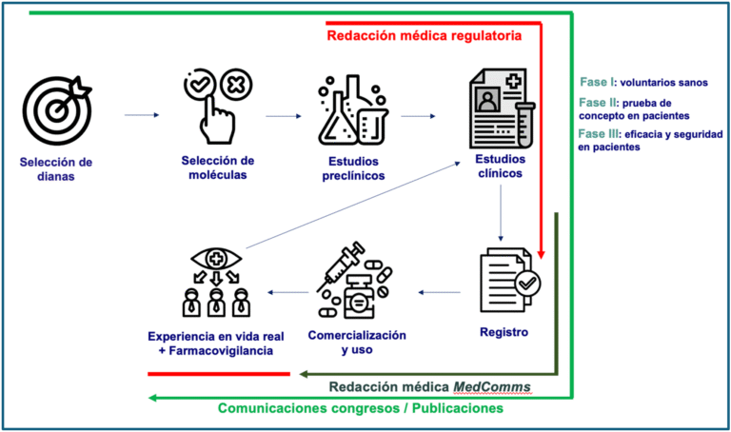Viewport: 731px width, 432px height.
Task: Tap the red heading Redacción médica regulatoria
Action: point(424,36)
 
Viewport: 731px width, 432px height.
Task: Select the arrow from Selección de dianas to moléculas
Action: point(141,116)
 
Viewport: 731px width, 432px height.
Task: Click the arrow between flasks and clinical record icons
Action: point(419,117)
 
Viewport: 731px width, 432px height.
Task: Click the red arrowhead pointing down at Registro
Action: point(541,254)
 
